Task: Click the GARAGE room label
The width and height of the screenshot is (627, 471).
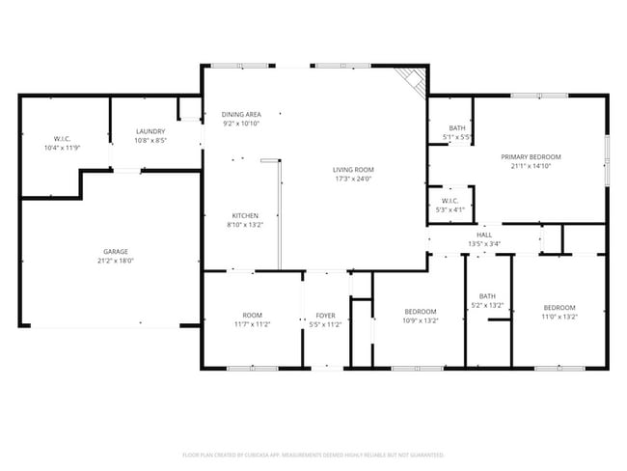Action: point(116,251)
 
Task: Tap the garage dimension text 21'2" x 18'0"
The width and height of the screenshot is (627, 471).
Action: point(116,261)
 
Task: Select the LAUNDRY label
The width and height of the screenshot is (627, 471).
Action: point(150,131)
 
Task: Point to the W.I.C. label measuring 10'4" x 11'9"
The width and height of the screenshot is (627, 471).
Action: point(62,138)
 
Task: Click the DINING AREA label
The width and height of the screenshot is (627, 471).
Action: point(241,114)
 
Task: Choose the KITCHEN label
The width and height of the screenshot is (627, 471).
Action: point(245,215)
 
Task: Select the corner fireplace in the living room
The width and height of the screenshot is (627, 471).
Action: point(413,81)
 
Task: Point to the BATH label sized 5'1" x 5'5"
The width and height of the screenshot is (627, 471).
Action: point(456,128)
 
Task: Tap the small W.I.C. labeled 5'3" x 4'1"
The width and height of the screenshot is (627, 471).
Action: point(451,201)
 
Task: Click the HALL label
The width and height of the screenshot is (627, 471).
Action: point(484,235)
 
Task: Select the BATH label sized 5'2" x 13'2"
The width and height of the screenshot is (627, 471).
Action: point(487,297)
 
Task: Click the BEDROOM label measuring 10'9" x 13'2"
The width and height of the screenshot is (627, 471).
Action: point(421,311)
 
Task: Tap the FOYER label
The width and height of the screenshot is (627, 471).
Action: point(325,316)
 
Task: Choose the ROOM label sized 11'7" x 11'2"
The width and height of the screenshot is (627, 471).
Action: point(253,316)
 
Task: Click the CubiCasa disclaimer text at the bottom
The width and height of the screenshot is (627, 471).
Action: point(313,454)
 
